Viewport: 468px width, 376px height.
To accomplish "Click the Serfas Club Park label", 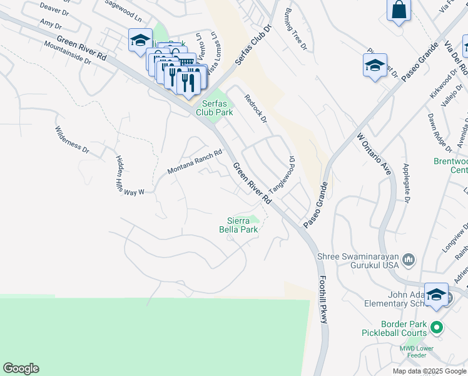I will (x=218, y=108).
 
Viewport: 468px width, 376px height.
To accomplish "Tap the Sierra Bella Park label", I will (x=242, y=224).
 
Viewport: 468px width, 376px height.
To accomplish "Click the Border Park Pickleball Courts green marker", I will (x=438, y=327).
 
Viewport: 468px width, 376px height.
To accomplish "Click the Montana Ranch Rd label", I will (x=195, y=162).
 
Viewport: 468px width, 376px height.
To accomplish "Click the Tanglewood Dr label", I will (x=282, y=175).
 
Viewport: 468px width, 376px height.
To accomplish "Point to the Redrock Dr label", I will (x=255, y=108).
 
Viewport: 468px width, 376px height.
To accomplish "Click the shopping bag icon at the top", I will (x=399, y=10).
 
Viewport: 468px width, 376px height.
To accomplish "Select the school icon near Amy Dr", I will (x=140, y=41).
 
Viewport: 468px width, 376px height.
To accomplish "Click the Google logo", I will (x=21, y=368).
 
